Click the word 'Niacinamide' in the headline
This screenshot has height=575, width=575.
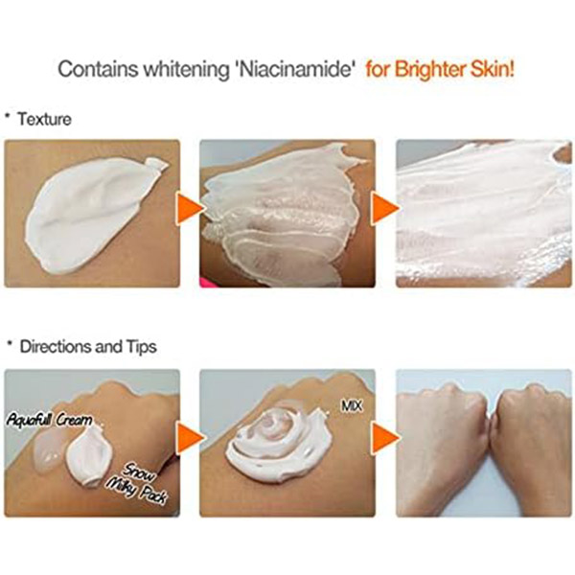295,69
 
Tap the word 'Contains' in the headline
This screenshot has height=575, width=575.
98,69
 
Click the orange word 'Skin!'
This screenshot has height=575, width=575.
493,69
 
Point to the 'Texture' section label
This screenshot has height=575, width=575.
44,119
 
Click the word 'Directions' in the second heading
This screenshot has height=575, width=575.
56,346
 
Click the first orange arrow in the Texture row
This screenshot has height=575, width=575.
189,209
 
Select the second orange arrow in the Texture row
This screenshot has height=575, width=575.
385,209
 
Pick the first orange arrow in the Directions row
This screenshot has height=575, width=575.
189,438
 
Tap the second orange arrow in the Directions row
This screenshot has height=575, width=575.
385,438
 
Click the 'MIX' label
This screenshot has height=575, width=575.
352,406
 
